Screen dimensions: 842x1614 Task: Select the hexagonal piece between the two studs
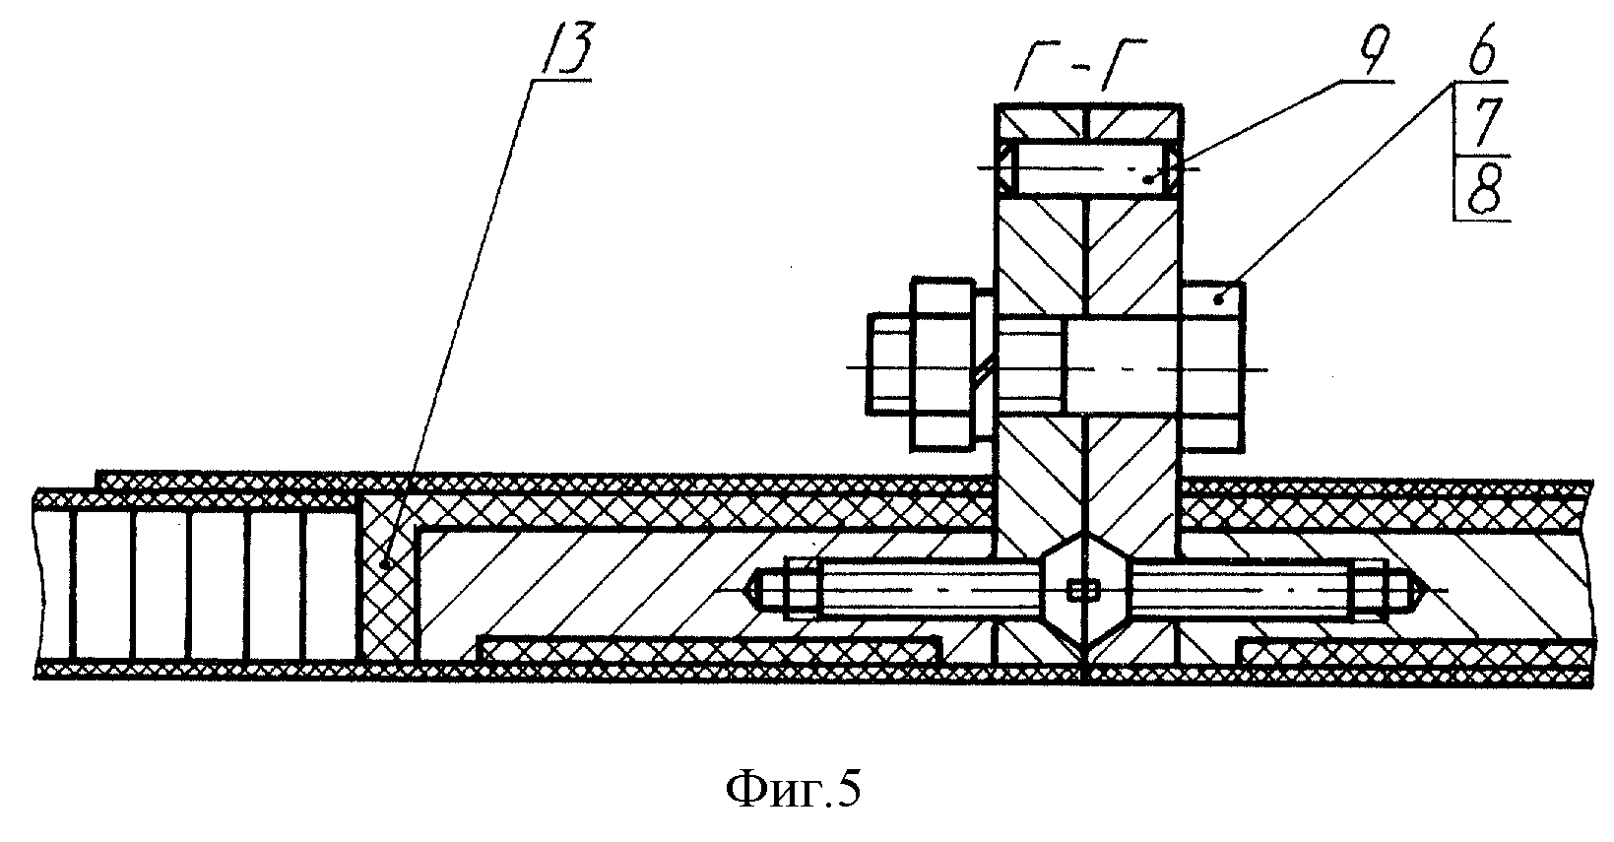(x=1084, y=590)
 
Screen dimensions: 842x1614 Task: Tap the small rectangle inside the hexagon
(x=1085, y=590)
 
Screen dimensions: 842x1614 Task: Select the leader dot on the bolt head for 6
(x=1221, y=296)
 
